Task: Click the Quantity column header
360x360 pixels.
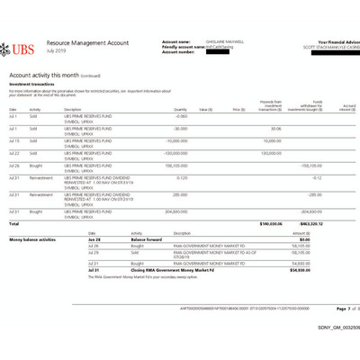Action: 180,109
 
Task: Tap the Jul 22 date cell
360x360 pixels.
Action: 13,153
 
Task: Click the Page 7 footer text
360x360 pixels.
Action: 328,309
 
